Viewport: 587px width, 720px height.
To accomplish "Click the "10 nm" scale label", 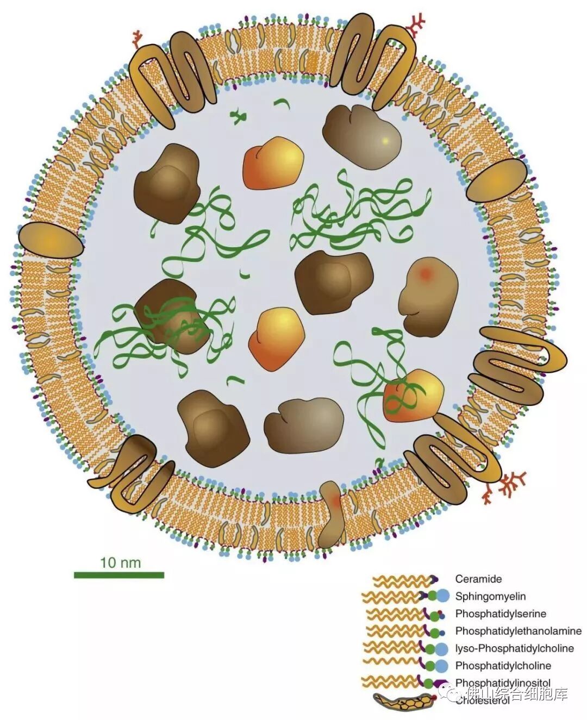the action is click(120, 562).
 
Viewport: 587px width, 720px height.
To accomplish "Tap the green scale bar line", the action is click(119, 574).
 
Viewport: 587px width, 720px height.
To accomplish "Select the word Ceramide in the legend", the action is click(478, 579).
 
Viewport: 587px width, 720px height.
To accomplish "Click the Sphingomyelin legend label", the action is click(490, 596).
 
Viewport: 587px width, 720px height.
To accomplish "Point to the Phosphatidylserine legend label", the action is click(501, 613).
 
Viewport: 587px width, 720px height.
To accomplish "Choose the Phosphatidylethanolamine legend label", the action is click(518, 631).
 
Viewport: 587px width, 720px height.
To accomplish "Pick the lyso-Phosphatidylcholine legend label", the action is click(514, 648).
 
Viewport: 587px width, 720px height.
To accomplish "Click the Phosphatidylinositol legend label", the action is click(503, 683).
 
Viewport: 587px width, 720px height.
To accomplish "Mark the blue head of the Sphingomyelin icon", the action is click(443, 596).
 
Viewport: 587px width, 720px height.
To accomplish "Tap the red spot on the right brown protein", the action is click(426, 274).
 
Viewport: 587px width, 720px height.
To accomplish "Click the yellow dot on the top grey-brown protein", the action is click(385, 141).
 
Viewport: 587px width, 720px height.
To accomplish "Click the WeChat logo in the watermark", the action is click(454, 692).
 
